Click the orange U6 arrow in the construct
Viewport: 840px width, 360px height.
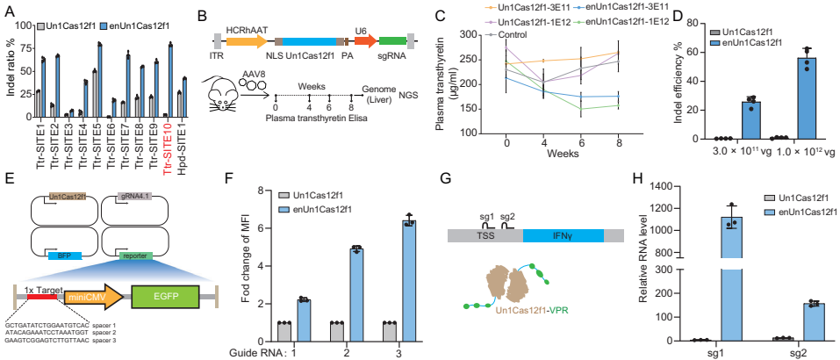[x=365, y=40]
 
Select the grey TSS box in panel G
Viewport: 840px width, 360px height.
[x=485, y=235]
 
